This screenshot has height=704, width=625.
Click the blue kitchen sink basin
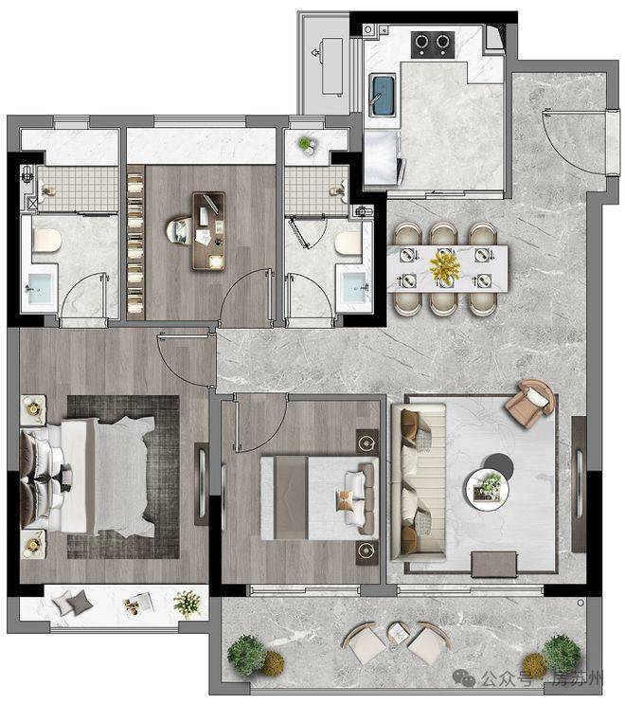[383, 95]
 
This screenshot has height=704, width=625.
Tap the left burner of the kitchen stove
[421, 42]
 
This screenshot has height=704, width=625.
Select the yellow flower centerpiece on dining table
[445, 266]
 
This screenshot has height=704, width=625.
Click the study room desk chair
[178, 232]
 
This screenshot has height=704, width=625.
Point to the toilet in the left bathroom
[46, 241]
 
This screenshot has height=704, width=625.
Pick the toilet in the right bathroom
[348, 244]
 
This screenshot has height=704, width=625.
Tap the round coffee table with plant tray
[487, 489]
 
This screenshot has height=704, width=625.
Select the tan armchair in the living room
[530, 404]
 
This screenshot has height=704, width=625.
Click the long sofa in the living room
[419, 482]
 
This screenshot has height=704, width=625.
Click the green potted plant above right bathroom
[307, 145]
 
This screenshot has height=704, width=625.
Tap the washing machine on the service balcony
[332, 66]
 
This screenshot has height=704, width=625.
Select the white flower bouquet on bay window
[187, 603]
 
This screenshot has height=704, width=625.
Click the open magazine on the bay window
[139, 603]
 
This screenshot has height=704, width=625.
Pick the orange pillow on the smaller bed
[344, 500]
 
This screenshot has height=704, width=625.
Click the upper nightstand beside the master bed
[33, 409]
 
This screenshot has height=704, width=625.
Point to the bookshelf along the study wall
[135, 243]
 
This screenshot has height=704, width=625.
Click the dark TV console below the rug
[494, 565]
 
